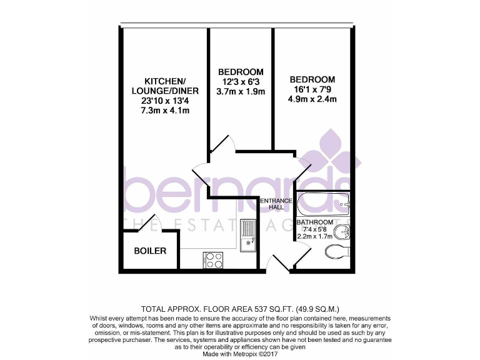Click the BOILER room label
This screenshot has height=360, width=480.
point(150,251)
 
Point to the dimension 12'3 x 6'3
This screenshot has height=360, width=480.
point(241,82)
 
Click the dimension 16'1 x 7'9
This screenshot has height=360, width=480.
point(312,89)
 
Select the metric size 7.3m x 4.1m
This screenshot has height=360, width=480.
point(165,111)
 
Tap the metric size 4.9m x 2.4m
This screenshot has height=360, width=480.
point(312,99)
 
